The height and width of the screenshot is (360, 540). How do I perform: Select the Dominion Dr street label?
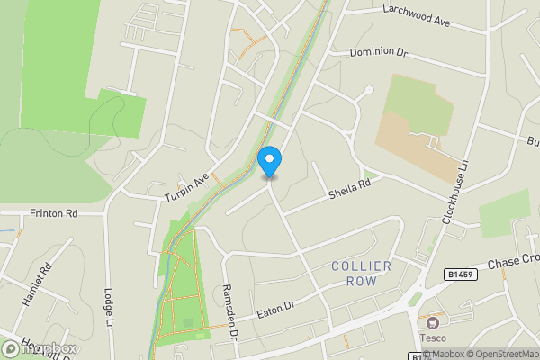click(379, 51)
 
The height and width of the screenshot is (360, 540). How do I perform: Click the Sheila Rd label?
click(349, 189)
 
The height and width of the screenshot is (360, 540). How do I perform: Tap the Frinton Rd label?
click(54, 214)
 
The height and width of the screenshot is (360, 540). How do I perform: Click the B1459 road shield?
click(458, 274)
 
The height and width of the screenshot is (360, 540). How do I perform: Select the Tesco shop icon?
click(433, 321)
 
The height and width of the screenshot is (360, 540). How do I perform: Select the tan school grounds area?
click(414, 144)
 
